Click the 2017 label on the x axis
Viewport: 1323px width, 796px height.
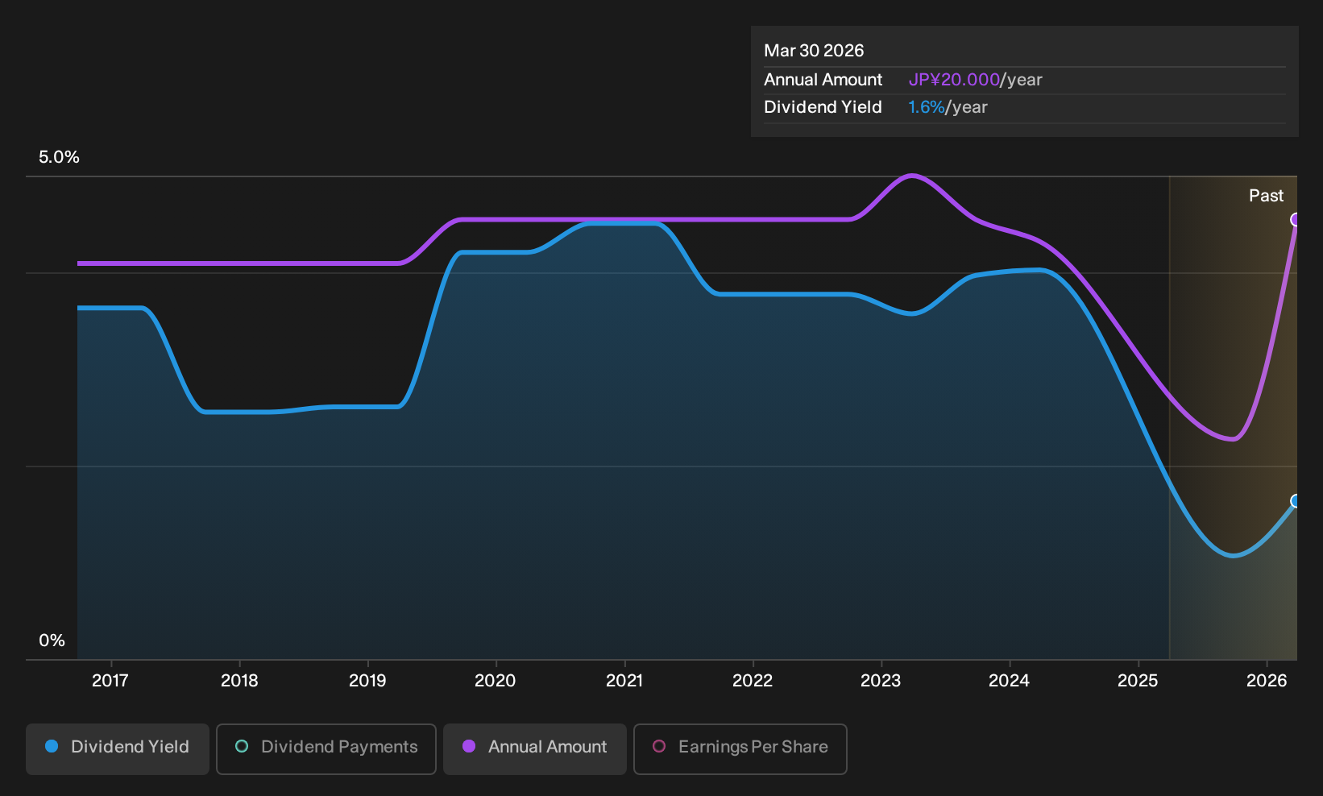110,680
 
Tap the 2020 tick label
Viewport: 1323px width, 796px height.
496,680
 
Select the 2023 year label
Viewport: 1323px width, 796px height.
881,680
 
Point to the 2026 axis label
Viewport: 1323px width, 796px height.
1267,680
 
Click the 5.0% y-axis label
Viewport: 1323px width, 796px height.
59,157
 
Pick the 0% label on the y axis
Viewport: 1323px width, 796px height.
52,641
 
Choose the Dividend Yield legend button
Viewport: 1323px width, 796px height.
118,748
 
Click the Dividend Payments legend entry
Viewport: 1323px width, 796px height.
326,748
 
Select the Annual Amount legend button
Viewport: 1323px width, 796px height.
534,748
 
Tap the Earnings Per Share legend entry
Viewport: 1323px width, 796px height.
740,748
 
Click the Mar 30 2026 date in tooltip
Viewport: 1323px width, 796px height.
814,51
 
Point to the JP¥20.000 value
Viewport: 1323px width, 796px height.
954,80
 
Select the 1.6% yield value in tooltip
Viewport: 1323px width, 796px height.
926,107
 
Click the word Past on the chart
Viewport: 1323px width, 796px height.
1267,196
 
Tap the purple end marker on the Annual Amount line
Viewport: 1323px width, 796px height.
1295,220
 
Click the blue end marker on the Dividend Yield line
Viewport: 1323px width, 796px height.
1295,501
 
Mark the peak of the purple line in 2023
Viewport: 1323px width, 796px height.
913,176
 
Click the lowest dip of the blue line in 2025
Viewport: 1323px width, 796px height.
1234,556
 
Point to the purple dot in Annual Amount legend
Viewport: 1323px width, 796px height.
469,746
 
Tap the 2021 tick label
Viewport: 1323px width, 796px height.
624,680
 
